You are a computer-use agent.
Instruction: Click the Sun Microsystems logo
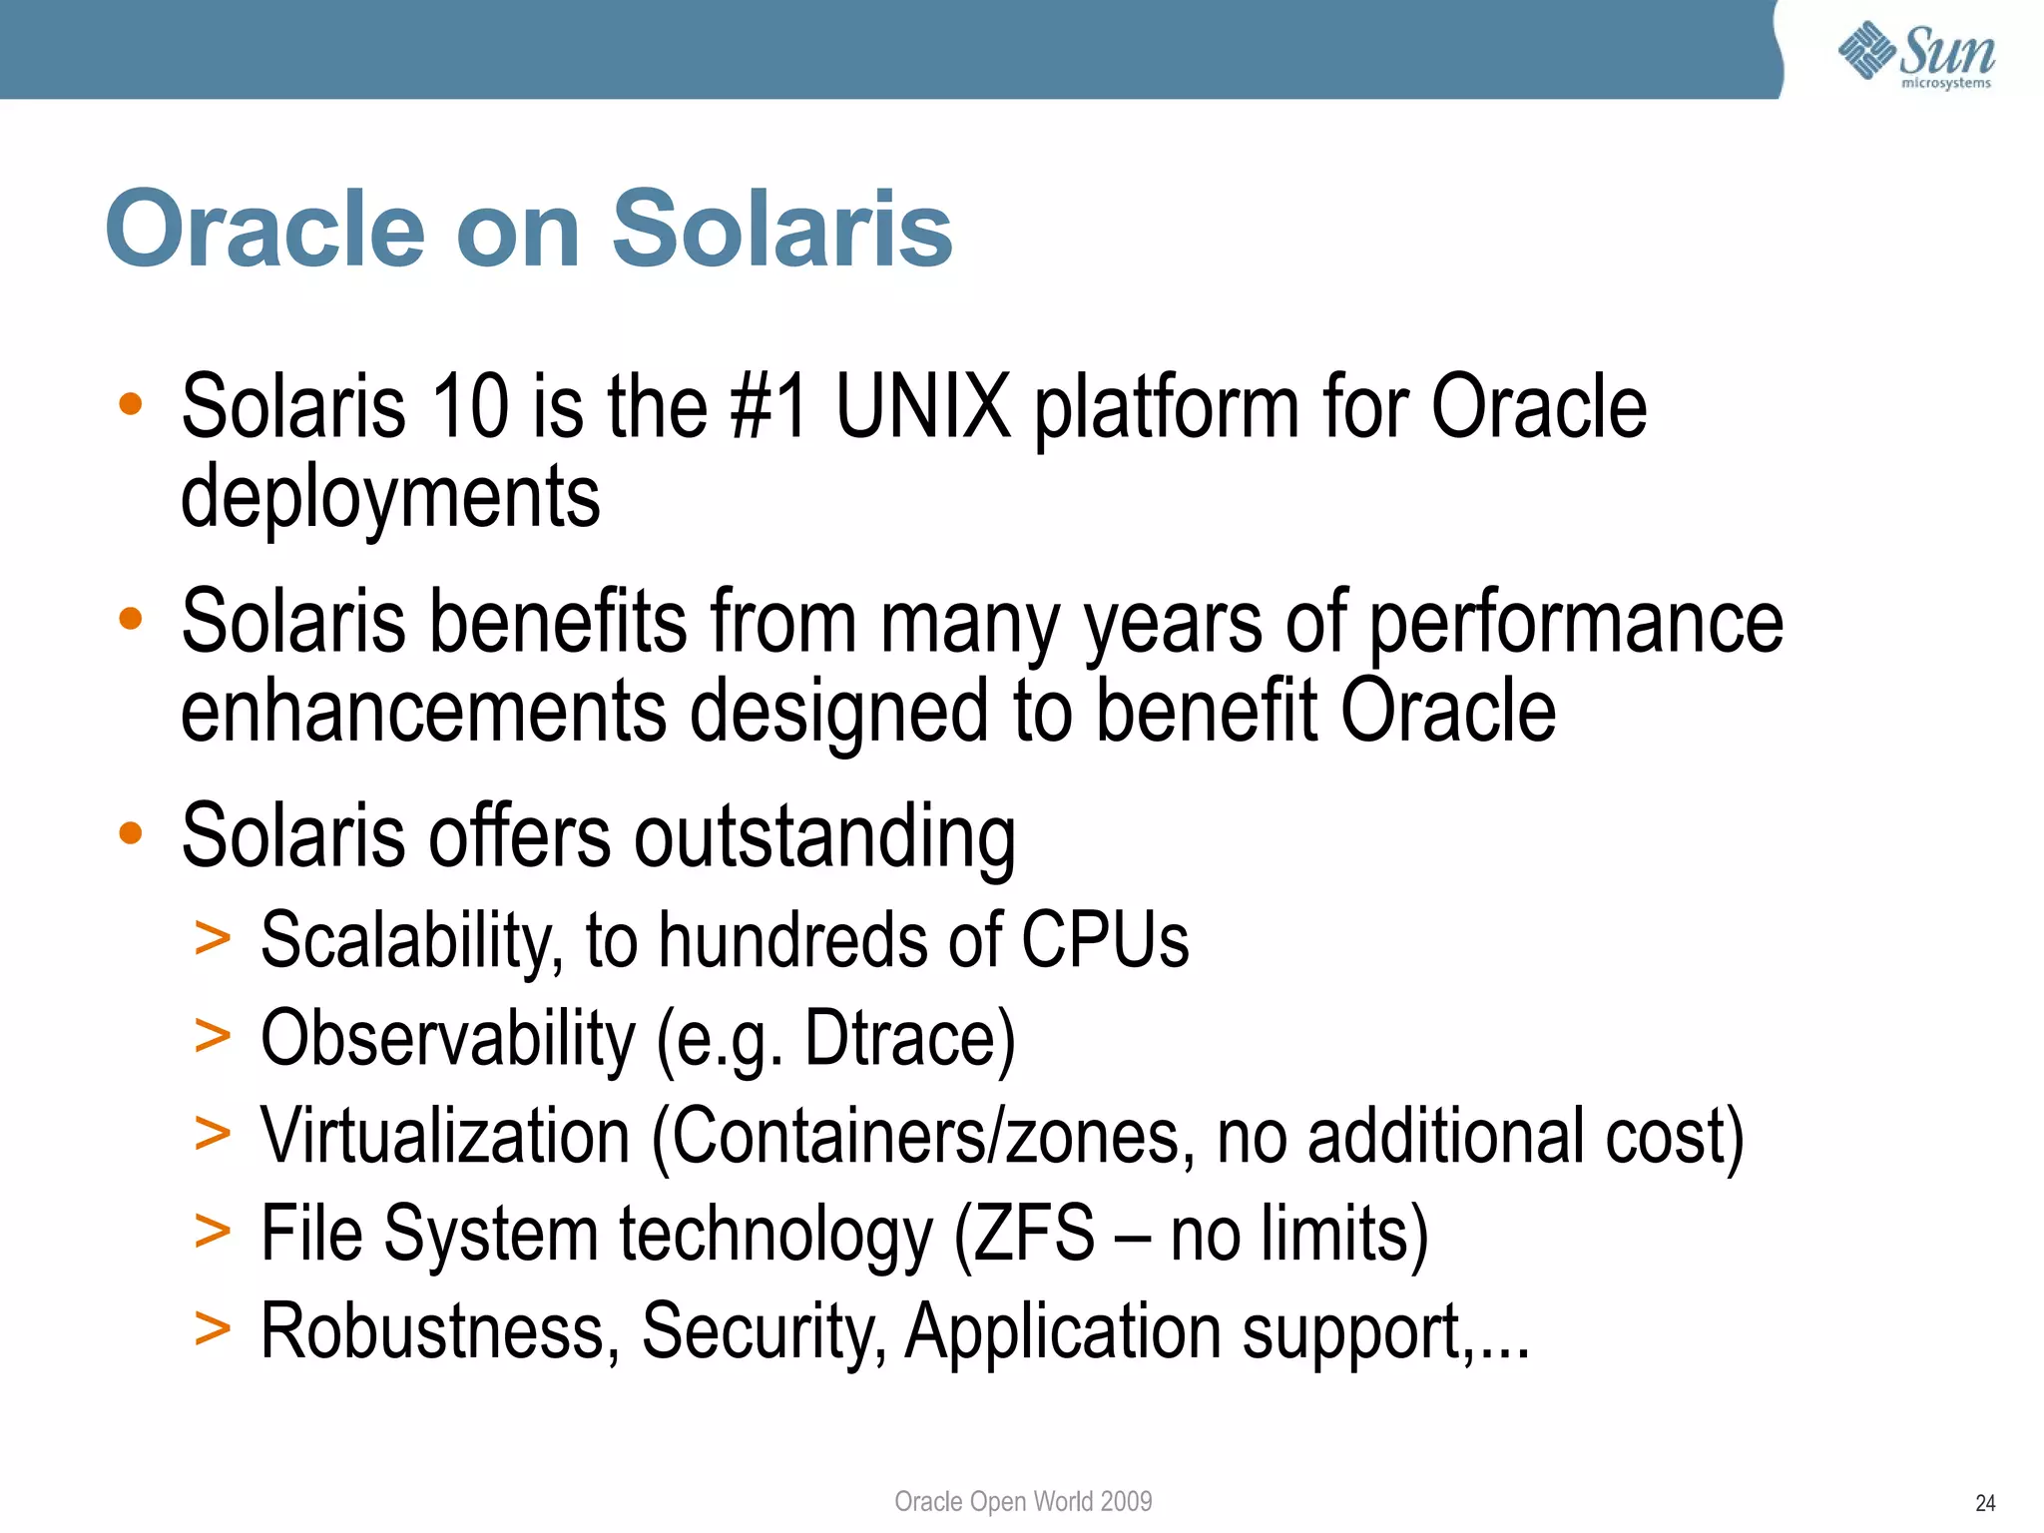1916,55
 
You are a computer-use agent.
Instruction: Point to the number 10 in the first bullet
470,406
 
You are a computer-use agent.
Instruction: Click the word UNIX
923,406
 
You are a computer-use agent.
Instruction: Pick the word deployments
390,497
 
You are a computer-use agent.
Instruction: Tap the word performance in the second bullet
1576,622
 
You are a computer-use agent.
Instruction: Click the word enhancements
423,711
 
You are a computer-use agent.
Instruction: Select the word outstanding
824,836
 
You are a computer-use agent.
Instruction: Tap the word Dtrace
899,1038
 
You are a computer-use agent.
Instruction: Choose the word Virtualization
445,1136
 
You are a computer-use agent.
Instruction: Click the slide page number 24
1985,1503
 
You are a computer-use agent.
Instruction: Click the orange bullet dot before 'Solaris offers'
131,832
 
